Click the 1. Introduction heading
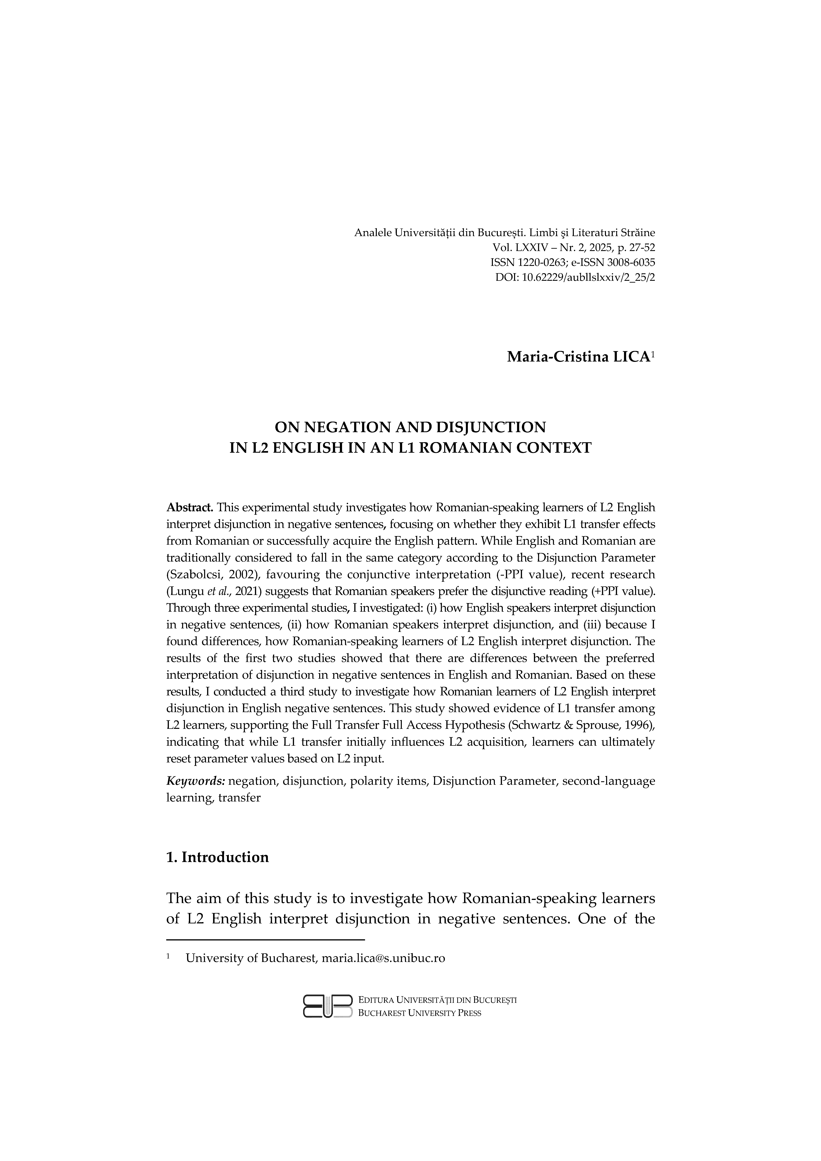218,857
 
